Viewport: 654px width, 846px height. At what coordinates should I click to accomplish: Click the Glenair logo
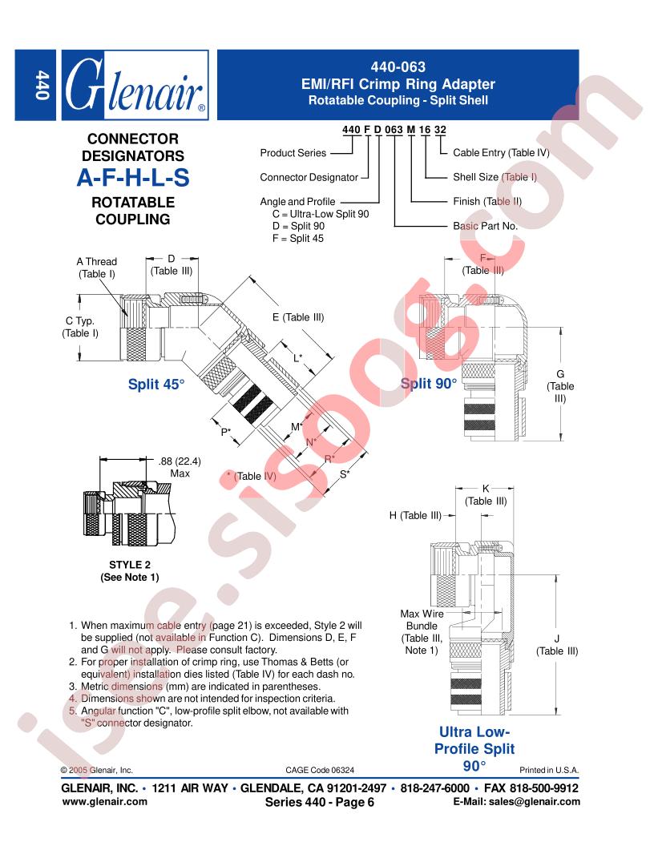pos(135,85)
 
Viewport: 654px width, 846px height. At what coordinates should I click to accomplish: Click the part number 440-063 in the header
pos(398,67)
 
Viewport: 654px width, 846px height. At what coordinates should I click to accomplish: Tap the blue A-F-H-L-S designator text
pos(133,178)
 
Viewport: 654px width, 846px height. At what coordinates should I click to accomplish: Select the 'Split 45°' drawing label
pos(156,385)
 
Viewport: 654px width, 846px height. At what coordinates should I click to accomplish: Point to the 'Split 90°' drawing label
pos(429,384)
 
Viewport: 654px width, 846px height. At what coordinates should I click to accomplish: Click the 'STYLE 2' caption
pos(130,565)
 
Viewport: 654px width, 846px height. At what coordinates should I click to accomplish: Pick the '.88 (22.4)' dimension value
pos(180,461)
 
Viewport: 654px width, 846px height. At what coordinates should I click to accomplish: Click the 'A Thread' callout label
pos(97,262)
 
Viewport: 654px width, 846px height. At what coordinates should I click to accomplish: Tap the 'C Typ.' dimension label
pos(80,321)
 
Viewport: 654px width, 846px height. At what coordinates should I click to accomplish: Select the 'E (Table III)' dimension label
pos(298,317)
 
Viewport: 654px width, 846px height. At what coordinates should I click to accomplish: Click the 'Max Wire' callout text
pos(422,614)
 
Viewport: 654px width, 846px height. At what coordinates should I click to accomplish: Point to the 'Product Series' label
pos(293,153)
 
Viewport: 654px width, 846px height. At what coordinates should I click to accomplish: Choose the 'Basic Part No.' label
pos(485,226)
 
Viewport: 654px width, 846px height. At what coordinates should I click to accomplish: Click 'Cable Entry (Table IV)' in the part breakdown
pos(501,153)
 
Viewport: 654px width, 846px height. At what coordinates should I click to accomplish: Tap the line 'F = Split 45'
pos(298,239)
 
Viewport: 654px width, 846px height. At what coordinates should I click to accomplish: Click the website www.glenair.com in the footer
pos(105,802)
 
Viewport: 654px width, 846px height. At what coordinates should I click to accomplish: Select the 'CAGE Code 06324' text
pos(320,770)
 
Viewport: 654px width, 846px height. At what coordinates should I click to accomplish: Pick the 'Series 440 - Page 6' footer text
pos(320,802)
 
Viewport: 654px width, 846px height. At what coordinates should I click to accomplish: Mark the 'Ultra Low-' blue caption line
pos(474,731)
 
